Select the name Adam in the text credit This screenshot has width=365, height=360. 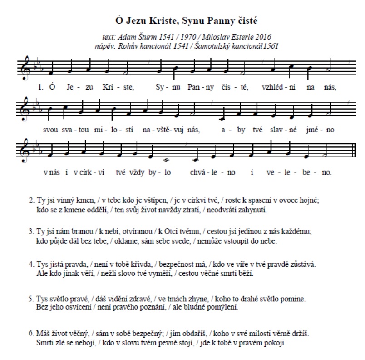[129, 37]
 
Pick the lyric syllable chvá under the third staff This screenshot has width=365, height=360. [197, 172]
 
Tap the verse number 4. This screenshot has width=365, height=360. [31, 264]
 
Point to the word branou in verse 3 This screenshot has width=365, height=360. [73, 231]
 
